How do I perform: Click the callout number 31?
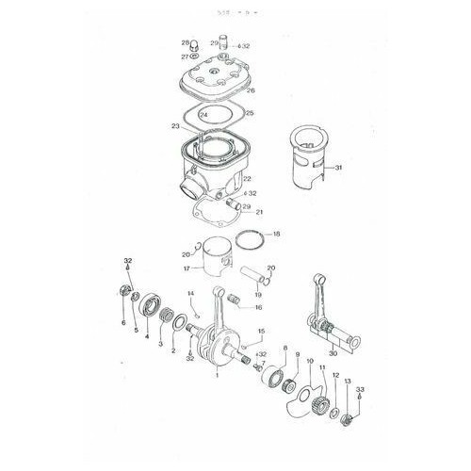(x=339, y=169)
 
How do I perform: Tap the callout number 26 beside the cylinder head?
(x=250, y=91)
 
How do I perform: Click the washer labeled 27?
(x=195, y=57)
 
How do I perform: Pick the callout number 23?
(x=175, y=125)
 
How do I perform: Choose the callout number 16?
(x=258, y=307)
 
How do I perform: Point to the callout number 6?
(x=122, y=322)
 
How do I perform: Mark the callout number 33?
(x=359, y=388)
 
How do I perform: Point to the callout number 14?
(x=190, y=295)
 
